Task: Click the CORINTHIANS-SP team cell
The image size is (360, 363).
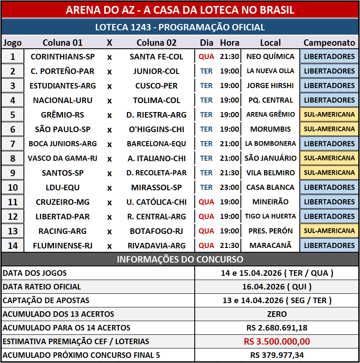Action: (x=63, y=56)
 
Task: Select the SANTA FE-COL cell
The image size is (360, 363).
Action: (x=156, y=56)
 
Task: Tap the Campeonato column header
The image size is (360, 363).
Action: (x=329, y=43)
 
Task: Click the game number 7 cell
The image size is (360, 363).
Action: (x=12, y=144)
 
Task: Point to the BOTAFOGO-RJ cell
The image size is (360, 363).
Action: (x=156, y=231)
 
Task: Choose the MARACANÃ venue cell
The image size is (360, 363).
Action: (x=270, y=245)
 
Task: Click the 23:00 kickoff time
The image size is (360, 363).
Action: (x=229, y=187)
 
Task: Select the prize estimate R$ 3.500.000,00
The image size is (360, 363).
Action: (x=277, y=341)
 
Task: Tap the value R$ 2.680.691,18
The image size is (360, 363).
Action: (x=277, y=328)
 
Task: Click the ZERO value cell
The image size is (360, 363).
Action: (x=277, y=314)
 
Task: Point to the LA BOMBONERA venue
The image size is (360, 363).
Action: (x=270, y=144)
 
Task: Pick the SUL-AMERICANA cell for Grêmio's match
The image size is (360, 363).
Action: (x=329, y=115)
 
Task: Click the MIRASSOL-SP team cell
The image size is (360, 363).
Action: (x=156, y=187)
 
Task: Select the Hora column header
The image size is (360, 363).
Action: (x=229, y=43)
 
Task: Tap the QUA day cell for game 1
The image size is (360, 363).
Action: (x=206, y=56)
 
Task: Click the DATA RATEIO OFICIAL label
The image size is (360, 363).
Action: (x=42, y=286)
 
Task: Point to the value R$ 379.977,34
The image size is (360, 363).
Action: (x=277, y=355)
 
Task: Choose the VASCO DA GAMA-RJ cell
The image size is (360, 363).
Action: (x=63, y=158)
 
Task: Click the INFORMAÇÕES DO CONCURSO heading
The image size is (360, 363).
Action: (x=180, y=259)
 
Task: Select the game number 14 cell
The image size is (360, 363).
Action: (x=12, y=245)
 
